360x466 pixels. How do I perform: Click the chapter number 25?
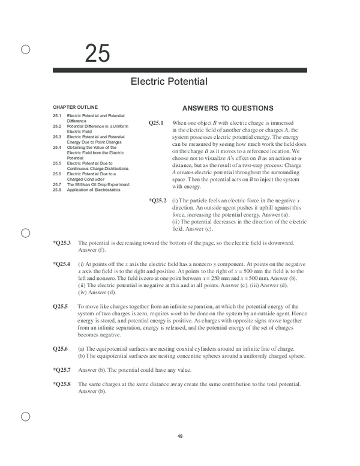coord(97,54)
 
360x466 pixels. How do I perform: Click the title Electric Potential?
coord(169,82)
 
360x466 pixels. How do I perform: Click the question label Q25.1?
coord(156,123)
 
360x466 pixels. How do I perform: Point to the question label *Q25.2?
coord(157,200)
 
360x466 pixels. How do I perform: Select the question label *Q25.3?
coord(62,243)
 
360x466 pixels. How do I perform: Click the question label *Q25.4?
coord(62,264)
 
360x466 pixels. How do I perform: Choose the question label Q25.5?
coord(60,306)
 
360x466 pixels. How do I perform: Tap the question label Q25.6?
coord(60,348)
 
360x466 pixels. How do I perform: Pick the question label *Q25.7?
coord(62,370)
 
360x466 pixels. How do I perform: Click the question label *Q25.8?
coord(62,384)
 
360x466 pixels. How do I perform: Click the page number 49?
coord(179,436)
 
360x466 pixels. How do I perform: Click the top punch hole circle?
coord(26,50)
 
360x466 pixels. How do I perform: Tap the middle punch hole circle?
coord(26,233)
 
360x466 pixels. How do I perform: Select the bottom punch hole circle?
coord(26,416)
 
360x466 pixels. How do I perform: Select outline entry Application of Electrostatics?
coord(93,190)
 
